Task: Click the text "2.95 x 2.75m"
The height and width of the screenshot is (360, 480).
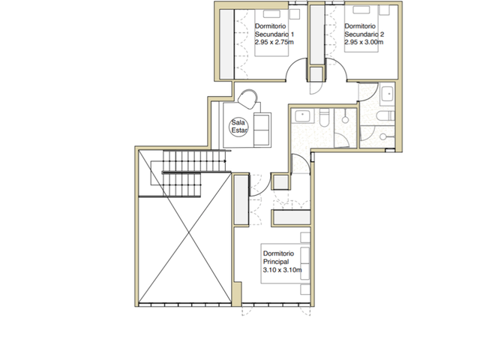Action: point(274,42)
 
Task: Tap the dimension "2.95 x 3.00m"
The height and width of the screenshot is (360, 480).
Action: point(364,42)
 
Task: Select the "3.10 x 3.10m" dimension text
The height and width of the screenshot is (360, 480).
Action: point(283,270)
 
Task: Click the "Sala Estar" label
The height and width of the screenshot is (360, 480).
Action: point(238,127)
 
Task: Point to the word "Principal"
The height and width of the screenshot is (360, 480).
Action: point(276,262)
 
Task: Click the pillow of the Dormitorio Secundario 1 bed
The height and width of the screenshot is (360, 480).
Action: point(271,14)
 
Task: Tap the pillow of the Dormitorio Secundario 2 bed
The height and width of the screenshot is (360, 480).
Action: point(361,10)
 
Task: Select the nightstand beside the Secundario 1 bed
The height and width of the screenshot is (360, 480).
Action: point(295,14)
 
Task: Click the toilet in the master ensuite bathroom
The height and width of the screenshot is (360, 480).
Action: point(324,118)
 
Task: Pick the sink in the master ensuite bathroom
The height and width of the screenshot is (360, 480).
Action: point(302,116)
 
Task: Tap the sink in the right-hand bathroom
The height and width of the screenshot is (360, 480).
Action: point(387,93)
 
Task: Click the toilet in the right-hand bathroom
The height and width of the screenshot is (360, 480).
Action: point(385,116)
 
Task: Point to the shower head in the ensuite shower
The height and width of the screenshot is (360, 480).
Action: point(345,120)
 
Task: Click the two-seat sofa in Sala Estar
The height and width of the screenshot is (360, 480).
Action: point(262,130)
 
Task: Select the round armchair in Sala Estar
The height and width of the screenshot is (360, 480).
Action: point(248,99)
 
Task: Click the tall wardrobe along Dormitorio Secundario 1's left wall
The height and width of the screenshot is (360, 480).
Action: point(227,43)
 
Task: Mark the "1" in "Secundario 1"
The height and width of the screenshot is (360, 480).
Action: point(292,34)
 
